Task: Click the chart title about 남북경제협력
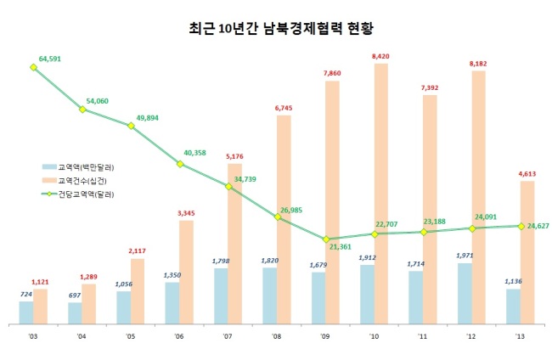(x=280, y=29)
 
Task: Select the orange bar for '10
(x=381, y=194)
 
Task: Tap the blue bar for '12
(x=465, y=294)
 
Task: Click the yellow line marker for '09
(x=326, y=239)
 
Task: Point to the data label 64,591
(x=49, y=59)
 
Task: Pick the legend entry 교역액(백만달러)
(x=78, y=167)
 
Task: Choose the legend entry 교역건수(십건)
(x=74, y=181)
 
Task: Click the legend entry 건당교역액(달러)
(x=78, y=194)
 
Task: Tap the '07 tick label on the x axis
(x=228, y=336)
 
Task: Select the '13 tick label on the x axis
(x=520, y=336)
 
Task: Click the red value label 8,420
(x=380, y=56)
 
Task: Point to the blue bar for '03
(x=26, y=312)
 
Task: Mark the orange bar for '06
(x=186, y=273)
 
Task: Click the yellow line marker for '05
(x=131, y=126)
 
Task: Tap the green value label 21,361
(x=341, y=247)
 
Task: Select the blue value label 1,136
(x=513, y=281)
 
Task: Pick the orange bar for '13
(x=527, y=252)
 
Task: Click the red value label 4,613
(x=527, y=174)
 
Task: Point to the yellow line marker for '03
(x=33, y=67)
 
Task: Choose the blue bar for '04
(x=75, y=313)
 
